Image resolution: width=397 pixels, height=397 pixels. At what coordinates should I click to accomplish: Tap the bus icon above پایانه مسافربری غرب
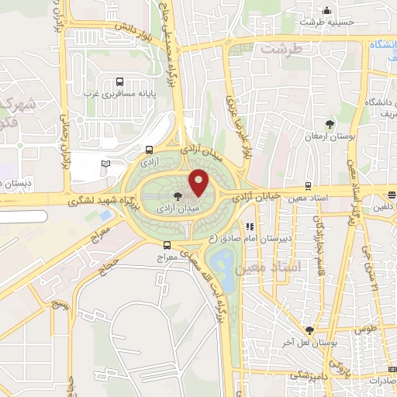(119, 81)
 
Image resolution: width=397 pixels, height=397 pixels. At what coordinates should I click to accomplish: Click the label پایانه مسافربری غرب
(119, 94)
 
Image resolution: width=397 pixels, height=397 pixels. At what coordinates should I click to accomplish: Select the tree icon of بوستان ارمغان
(330, 123)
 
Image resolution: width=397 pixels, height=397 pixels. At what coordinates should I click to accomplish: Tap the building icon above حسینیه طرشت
(328, 11)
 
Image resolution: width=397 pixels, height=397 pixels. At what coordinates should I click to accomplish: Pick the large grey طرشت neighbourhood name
(279, 48)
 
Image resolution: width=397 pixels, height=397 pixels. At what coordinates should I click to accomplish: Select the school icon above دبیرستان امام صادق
(250, 227)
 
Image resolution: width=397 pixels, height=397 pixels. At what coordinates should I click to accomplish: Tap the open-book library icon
(106, 164)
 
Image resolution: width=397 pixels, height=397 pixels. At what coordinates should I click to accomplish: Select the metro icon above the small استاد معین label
(309, 185)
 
